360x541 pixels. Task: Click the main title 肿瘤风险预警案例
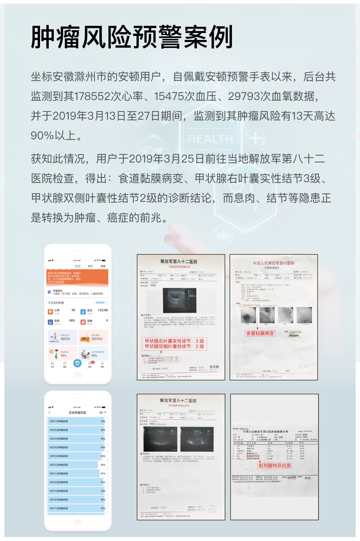point(132,37)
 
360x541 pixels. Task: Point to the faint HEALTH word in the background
point(210,139)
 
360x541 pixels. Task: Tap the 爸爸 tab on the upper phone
point(77,266)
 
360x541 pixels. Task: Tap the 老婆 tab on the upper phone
point(103,266)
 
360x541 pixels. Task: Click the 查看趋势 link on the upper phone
point(101,302)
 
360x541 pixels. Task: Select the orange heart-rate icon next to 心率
point(51,312)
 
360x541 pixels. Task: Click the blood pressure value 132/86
point(103,310)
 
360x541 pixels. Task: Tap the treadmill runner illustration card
point(62,337)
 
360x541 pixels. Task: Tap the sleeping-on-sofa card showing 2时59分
point(93,337)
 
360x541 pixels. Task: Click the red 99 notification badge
point(92,362)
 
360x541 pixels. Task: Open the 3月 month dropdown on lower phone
point(102,413)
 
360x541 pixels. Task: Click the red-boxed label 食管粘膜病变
point(260,333)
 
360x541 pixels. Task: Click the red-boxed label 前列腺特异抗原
point(275,465)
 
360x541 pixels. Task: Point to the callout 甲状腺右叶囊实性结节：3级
point(174,341)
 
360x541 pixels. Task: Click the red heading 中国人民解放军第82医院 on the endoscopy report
point(274,263)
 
